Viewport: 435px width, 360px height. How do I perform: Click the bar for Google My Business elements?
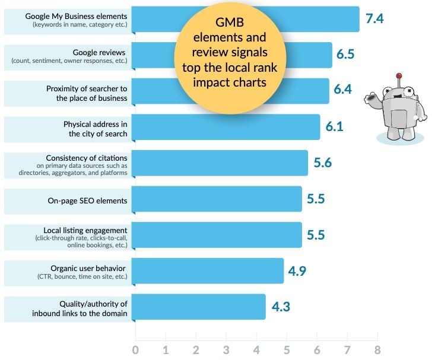(154, 19)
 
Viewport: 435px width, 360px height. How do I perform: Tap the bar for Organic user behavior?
(207, 270)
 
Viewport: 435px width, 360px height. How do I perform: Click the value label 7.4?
(375, 18)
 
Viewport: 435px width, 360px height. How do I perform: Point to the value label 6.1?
(334, 126)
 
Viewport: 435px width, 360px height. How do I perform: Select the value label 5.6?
(322, 163)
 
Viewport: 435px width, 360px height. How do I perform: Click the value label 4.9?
(298, 270)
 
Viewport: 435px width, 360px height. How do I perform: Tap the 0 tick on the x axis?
(136, 349)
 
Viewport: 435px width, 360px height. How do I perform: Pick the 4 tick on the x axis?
(256, 349)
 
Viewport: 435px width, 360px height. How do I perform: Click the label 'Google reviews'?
(100, 52)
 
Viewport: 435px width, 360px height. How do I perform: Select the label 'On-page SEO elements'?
(87, 200)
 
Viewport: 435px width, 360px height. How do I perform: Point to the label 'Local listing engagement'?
(85, 230)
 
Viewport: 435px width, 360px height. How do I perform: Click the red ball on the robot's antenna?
(399, 76)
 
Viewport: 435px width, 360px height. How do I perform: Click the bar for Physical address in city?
(226, 127)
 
